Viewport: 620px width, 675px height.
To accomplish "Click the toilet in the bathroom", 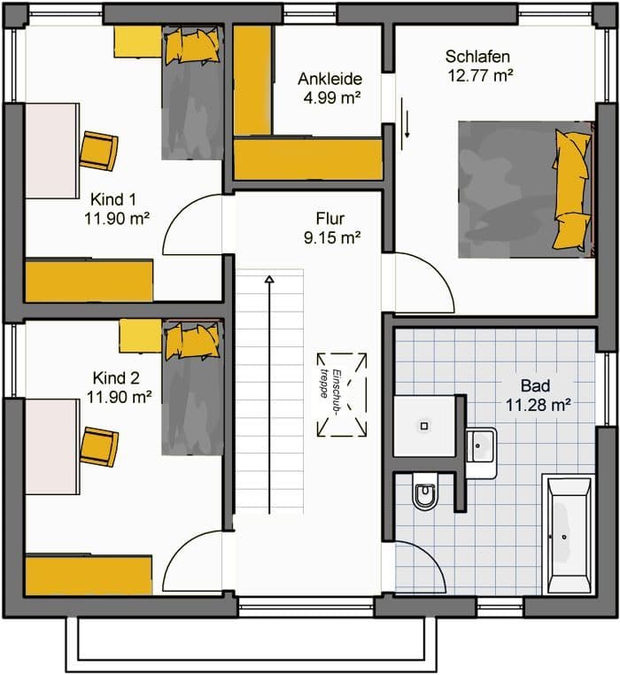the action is [x=425, y=491].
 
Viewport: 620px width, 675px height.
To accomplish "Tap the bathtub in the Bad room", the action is [x=568, y=534].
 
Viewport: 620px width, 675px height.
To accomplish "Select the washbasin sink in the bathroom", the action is [x=481, y=453].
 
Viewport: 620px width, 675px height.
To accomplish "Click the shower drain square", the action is [x=424, y=426].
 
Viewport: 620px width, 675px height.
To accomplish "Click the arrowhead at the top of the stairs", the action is [x=269, y=280].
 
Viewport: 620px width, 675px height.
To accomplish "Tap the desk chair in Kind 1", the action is [x=98, y=151].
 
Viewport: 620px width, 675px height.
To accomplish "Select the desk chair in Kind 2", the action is [x=99, y=446].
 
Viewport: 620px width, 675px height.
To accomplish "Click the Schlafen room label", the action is [x=477, y=57].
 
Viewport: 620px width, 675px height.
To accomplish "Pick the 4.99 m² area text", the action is [x=331, y=97].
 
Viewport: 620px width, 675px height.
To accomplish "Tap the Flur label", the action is [x=330, y=219].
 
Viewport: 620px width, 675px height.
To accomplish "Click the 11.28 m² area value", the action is [x=538, y=405].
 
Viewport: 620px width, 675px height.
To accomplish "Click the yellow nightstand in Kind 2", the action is [x=140, y=336].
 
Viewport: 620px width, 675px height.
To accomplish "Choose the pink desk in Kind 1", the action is [x=52, y=151].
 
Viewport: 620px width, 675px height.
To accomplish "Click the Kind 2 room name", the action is [x=116, y=378].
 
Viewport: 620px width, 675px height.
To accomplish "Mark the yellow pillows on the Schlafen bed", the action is [x=572, y=190].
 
